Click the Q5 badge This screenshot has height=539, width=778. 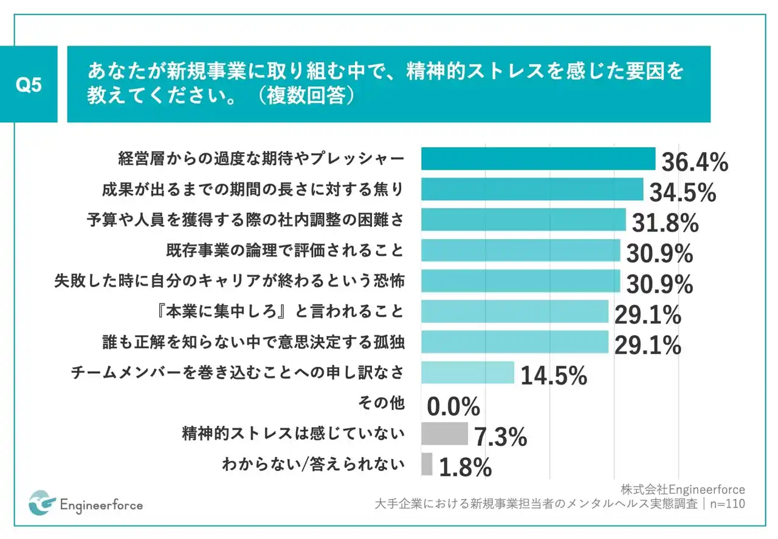29,85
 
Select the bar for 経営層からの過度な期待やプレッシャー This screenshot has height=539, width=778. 538,159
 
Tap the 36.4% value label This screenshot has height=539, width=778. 694,162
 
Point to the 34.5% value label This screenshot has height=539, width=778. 682,193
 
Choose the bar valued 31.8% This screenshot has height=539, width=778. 523,220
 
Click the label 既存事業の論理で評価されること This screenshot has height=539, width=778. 284,250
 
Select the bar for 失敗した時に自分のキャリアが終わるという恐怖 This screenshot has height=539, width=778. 520,281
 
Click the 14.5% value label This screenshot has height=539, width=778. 553,376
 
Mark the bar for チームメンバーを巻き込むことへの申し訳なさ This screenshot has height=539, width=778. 467,372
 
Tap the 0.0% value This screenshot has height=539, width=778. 453,406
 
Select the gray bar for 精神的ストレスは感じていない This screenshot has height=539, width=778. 444,434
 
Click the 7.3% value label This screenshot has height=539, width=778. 499,437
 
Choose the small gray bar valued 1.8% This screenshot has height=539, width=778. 427,464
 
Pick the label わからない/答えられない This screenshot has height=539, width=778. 313,465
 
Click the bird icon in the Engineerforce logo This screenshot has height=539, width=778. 42,502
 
